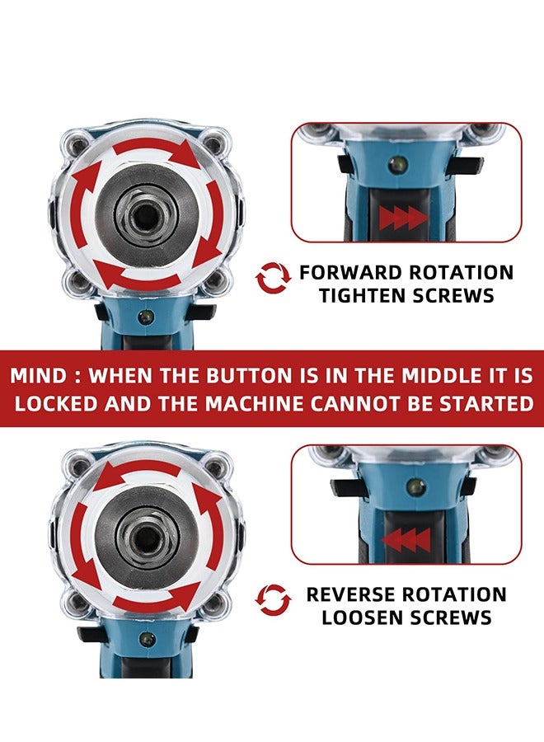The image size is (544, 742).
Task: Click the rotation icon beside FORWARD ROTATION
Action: coord(274,279)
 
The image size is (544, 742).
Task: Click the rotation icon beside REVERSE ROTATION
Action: coord(274,600)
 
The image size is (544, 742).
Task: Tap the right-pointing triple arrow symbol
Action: coord(404,218)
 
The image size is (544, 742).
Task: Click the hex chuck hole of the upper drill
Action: coord(146,215)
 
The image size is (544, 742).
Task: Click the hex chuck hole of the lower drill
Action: coord(145,537)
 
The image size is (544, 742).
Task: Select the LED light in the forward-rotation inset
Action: coord(401,164)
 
